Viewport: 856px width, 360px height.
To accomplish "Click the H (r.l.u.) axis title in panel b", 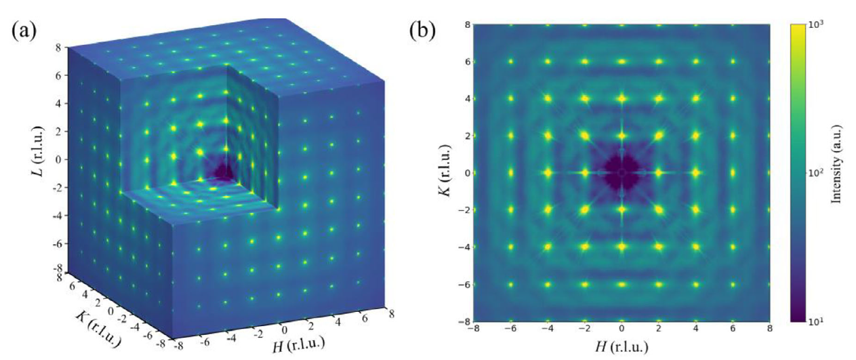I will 621,349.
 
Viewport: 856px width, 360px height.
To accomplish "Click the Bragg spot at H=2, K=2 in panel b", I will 658,136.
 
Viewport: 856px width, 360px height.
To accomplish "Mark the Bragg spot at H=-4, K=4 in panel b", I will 548,98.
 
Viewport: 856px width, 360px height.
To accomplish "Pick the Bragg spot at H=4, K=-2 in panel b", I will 695,210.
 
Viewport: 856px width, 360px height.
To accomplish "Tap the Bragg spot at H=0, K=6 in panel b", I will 621,62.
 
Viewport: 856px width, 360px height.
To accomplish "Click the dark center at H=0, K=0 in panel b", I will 621,173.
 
